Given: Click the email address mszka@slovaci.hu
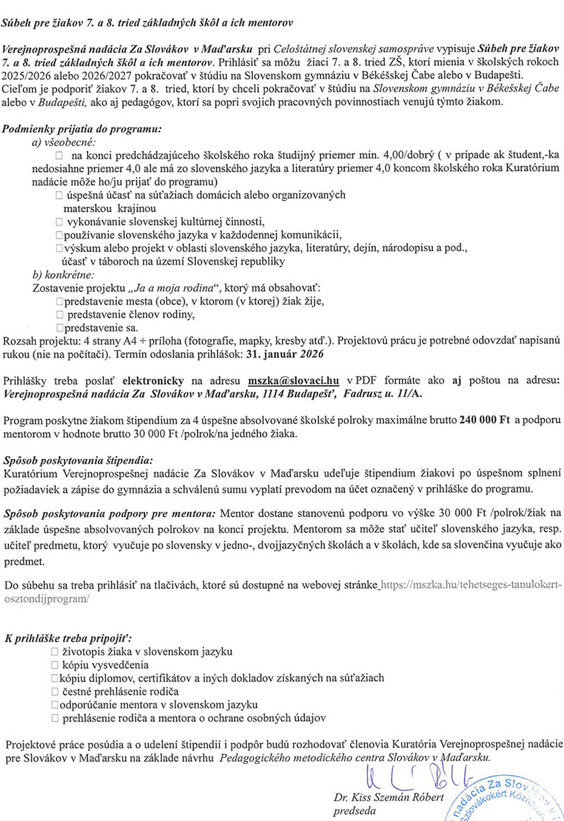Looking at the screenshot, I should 294,381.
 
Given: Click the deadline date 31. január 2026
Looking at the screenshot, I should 285,354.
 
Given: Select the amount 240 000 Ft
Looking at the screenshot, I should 485,420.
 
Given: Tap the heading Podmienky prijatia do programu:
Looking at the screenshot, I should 82,129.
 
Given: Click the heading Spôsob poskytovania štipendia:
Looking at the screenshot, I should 78,460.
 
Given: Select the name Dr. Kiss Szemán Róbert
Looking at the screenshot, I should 389,797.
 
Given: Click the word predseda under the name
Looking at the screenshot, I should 355,811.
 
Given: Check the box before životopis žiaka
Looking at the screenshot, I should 55,652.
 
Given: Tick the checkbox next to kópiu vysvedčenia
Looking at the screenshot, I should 55,665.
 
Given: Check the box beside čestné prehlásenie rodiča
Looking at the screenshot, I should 55,692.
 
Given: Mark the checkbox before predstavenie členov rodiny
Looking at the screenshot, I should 59,315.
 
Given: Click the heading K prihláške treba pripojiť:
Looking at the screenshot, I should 69,638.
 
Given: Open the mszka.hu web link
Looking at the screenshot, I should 470,585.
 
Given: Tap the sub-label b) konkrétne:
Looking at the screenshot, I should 64,275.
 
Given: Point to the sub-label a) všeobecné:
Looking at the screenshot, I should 64,142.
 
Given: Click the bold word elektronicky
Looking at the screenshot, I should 153,381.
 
